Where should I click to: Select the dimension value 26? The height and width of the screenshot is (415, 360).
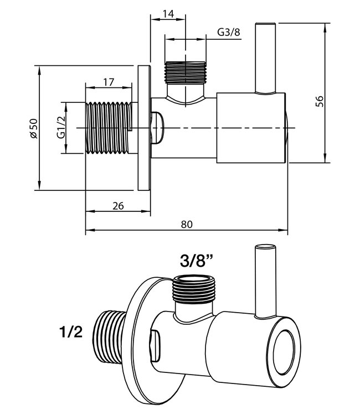click(x=117, y=205)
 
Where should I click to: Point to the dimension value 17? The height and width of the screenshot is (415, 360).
click(x=109, y=82)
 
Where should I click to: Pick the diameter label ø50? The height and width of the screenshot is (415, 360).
click(x=33, y=128)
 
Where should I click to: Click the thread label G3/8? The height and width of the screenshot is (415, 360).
click(x=228, y=33)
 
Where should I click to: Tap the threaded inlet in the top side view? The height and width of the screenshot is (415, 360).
click(x=108, y=128)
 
